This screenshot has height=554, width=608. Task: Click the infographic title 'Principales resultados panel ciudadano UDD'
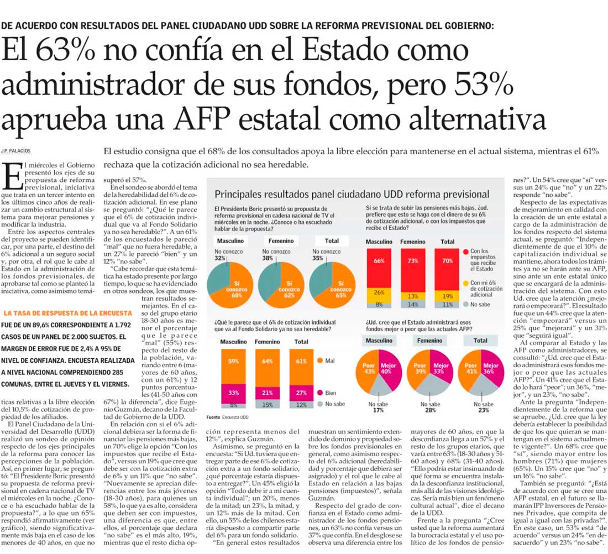[x=352, y=194]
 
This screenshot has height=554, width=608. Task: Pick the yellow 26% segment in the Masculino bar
[x=379, y=292]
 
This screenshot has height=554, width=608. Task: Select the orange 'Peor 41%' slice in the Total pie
[x=470, y=369]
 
